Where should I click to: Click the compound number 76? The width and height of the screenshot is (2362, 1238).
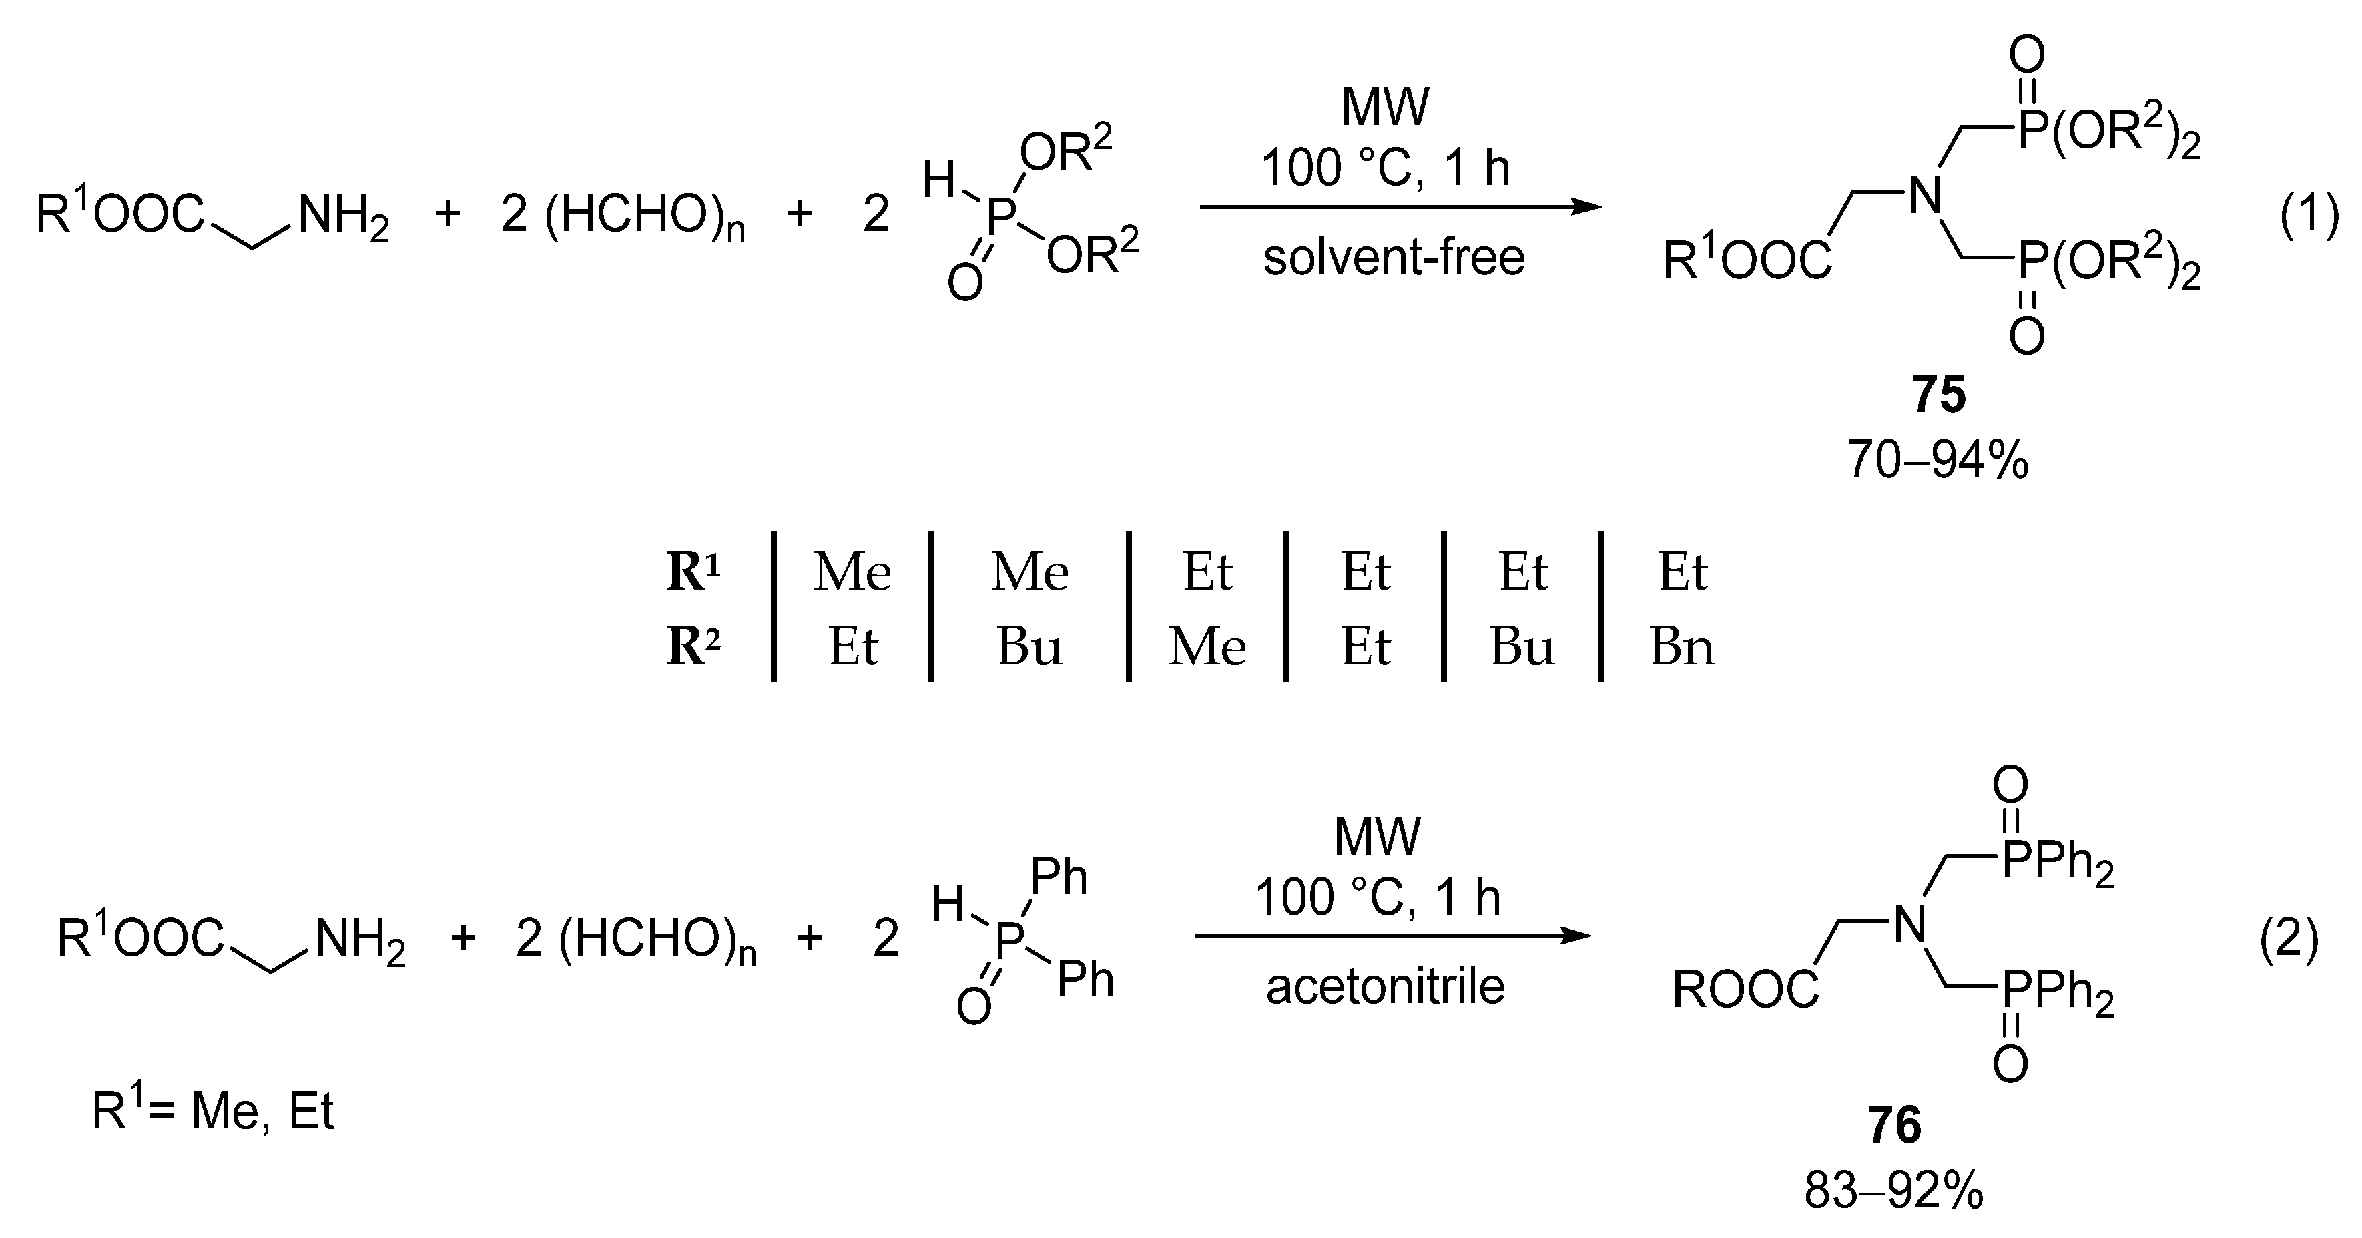coord(1894,1125)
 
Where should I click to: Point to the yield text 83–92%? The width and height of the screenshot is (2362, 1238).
coord(1893,1191)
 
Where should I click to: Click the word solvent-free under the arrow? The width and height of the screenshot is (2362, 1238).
coord(1394,257)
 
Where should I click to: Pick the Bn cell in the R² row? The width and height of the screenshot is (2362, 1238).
coord(1682,648)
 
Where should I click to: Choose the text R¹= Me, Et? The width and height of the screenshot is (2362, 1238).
coord(213,1111)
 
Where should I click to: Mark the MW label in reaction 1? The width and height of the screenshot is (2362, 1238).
coord(1384,108)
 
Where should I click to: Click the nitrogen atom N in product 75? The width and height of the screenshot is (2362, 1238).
coord(1926,194)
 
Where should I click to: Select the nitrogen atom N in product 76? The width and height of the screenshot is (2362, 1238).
coord(1910,924)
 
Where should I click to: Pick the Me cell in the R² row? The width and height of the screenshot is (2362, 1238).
coord(1207,648)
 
